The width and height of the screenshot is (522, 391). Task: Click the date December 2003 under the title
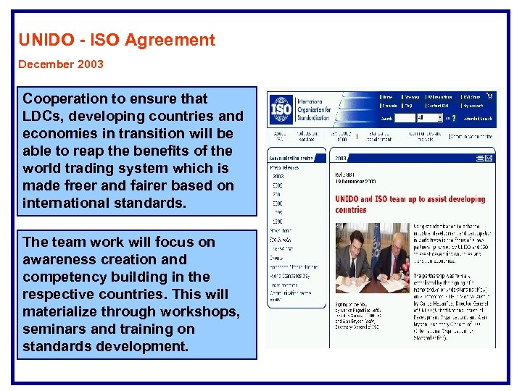(x=61, y=64)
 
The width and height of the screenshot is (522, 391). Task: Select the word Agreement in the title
(x=178, y=40)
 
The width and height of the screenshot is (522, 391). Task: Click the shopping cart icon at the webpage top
(x=491, y=96)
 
